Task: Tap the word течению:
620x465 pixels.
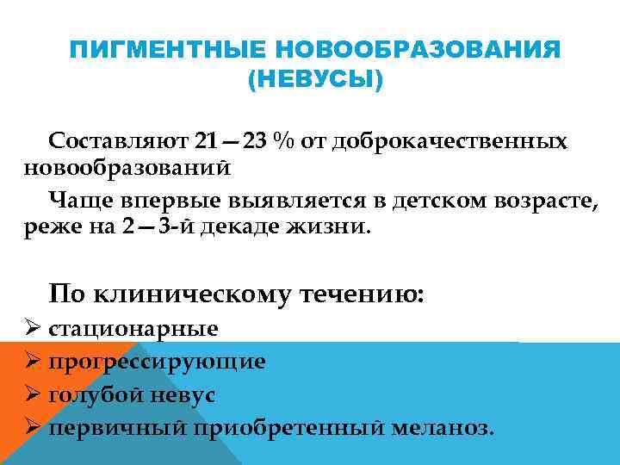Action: click(360, 294)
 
